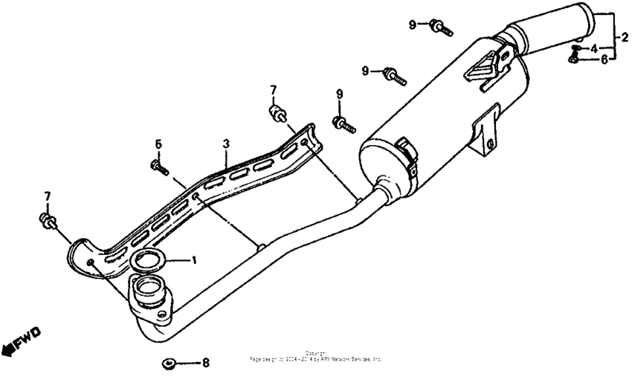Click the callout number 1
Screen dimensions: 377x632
(x=194, y=261)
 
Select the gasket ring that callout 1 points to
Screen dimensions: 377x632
(x=149, y=261)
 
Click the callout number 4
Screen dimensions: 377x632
(x=594, y=48)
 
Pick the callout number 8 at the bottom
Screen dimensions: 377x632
(x=206, y=364)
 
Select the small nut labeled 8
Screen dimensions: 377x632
(x=168, y=364)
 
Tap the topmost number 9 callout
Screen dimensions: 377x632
(x=412, y=25)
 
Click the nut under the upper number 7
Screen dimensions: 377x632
(x=277, y=113)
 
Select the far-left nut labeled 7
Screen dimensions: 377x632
(x=47, y=220)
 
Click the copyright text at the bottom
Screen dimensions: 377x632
(x=315, y=356)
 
